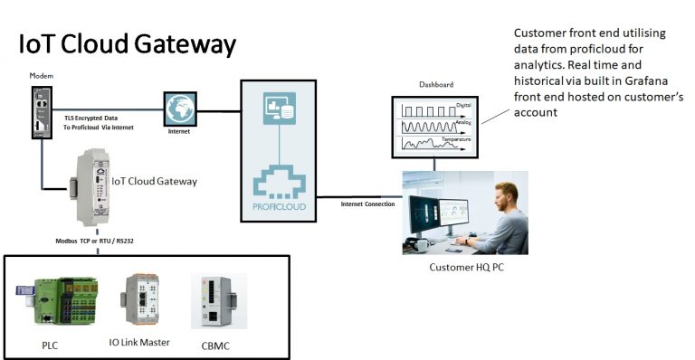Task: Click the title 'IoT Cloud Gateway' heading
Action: pos(127,43)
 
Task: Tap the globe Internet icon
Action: pos(180,110)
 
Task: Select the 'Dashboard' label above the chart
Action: pos(436,84)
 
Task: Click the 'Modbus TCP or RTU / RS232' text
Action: pos(99,241)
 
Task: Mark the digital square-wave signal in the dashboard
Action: pos(430,111)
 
